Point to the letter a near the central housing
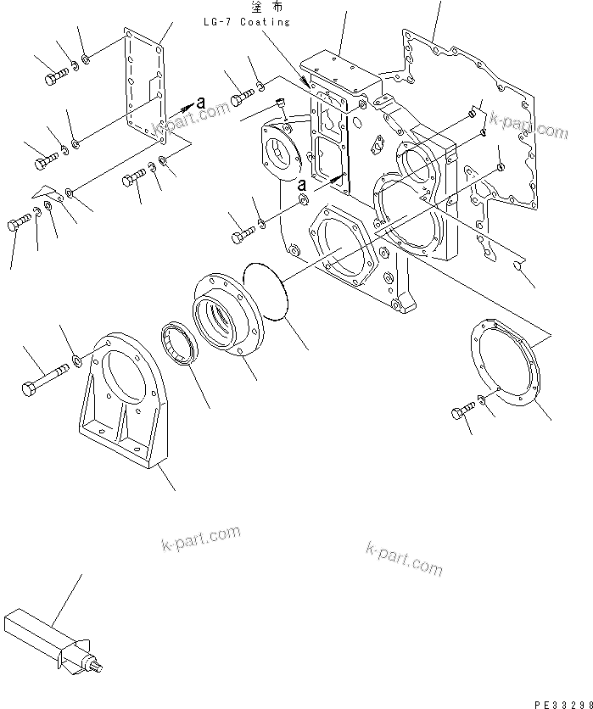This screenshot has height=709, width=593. coord(301,184)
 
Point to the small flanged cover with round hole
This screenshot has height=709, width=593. coord(281,157)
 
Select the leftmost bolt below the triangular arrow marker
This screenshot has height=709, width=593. coord(19,225)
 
